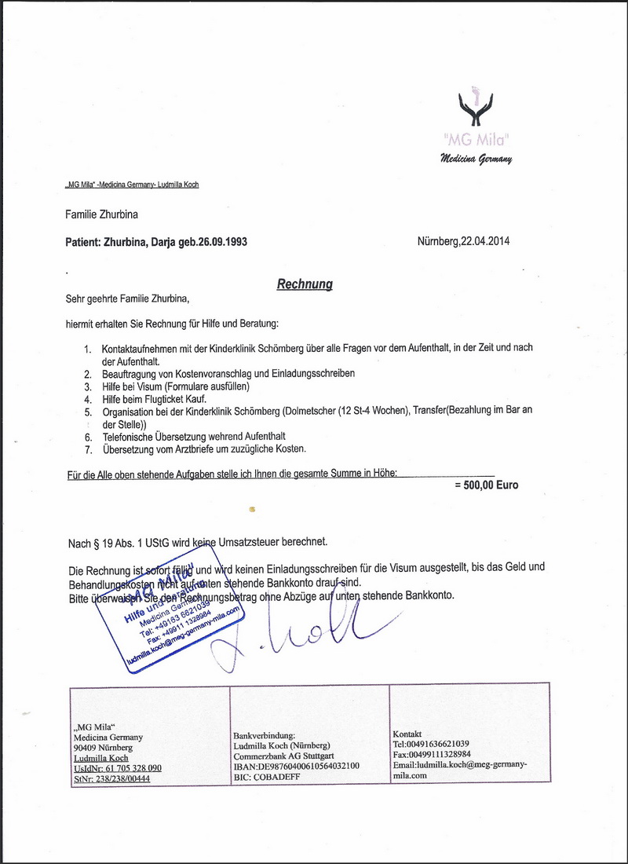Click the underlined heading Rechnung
tap(305, 284)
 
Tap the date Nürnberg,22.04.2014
tap(463, 241)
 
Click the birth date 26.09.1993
tap(223, 242)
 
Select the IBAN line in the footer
tap(297, 766)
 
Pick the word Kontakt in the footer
tap(407, 734)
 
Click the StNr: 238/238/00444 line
tap(111, 778)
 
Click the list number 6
tap(88, 437)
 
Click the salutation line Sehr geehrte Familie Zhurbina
tap(127, 298)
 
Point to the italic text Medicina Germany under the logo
tap(476, 159)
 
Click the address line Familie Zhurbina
tap(102, 214)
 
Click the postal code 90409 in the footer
tap(85, 748)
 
